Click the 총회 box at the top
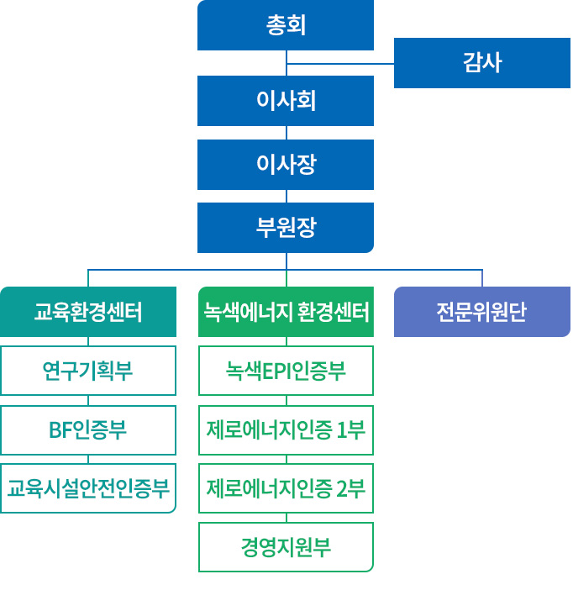pyautogui.click(x=286, y=25)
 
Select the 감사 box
pyautogui.click(x=481, y=63)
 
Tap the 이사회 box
pyautogui.click(x=286, y=101)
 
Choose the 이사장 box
pyautogui.click(x=286, y=164)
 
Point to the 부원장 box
pyautogui.click(x=286, y=227)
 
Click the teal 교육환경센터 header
pyautogui.click(x=88, y=312)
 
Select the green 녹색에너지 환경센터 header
pyautogui.click(x=286, y=312)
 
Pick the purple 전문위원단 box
pyautogui.click(x=481, y=312)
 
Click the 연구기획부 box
pyautogui.click(x=88, y=371)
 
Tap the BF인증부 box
pyautogui.click(x=88, y=430)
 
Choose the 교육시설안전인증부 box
pyautogui.click(x=88, y=488)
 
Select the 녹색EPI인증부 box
pyautogui.click(x=286, y=371)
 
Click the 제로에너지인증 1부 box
pyautogui.click(x=286, y=430)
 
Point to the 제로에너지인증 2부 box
pyautogui.click(x=286, y=488)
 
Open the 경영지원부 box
pyautogui.click(x=286, y=547)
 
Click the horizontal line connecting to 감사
pyautogui.click(x=340, y=64)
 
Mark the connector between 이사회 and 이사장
pyautogui.click(x=286, y=133)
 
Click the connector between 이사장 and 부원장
pyautogui.click(x=286, y=196)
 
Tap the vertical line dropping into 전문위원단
pyautogui.click(x=482, y=278)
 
